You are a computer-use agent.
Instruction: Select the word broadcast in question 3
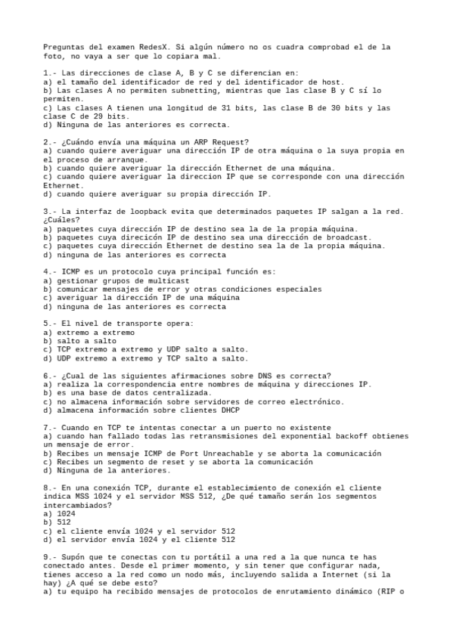pos(346,237)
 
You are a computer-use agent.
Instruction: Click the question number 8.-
pos(50,488)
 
